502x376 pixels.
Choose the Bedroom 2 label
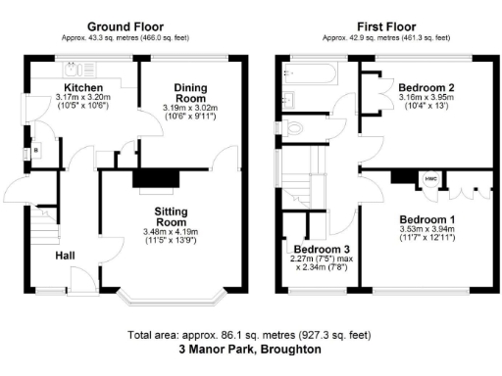pyautogui.click(x=423, y=85)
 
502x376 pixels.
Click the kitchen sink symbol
pyautogui.click(x=75, y=69)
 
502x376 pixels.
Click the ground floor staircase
pyautogui.click(x=41, y=232)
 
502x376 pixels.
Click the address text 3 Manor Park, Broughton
pyautogui.click(x=250, y=350)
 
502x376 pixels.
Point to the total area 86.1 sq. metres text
pyautogui.click(x=250, y=335)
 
